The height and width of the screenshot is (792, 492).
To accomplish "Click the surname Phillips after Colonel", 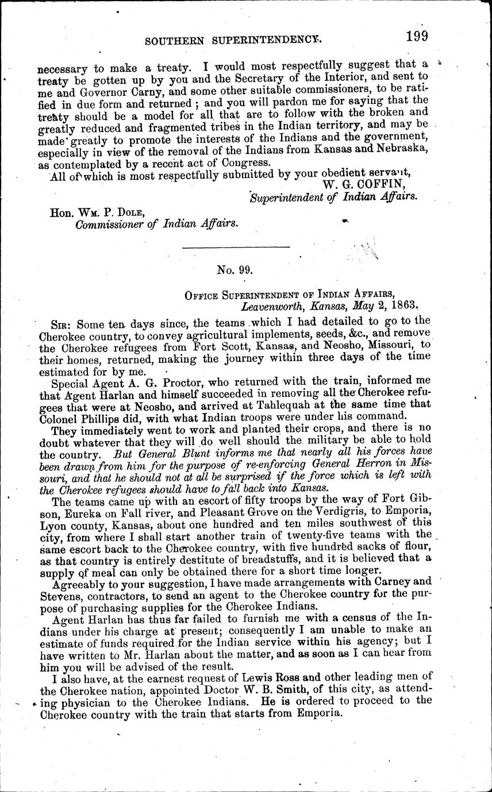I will pos(102,418).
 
